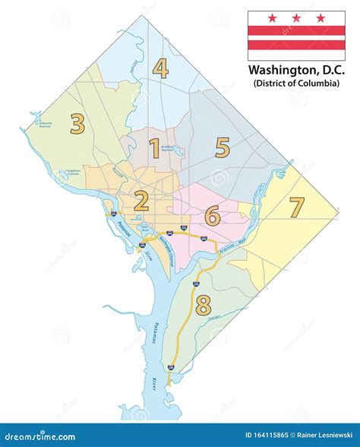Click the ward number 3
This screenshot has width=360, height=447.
(77, 123)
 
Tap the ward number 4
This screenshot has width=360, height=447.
(159, 68)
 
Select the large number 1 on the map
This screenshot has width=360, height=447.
(154, 148)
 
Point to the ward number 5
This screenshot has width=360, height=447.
(222, 147)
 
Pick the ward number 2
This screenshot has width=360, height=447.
(141, 201)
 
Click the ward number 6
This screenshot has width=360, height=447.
(213, 217)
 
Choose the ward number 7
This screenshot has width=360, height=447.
(296, 207)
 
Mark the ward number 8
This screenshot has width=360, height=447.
(202, 306)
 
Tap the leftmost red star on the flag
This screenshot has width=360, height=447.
(271, 17)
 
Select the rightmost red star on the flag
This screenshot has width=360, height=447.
(320, 17)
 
